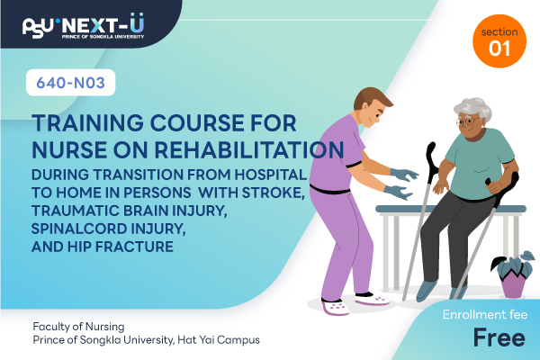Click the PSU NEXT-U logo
(83, 26)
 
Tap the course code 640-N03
(70, 83)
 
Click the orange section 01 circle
(499, 41)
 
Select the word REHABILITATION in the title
(249, 150)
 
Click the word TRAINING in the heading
(87, 123)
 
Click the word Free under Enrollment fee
(499, 337)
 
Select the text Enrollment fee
(485, 314)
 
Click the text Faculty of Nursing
(78, 326)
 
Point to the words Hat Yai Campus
(219, 340)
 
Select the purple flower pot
(513, 285)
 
